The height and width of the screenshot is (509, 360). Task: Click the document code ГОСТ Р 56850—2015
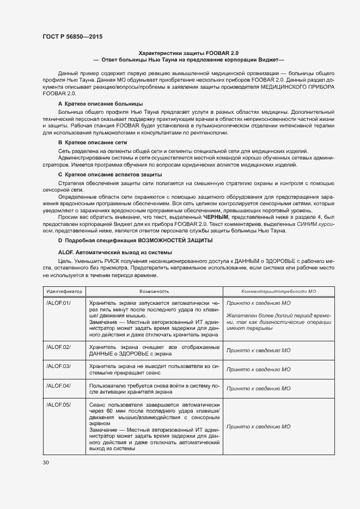[72, 36]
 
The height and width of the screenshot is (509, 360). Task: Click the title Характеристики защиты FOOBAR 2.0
[188, 53]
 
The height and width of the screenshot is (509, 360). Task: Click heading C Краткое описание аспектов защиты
[109, 175]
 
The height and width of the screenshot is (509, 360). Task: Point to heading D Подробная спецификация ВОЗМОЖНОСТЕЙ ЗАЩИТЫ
[135, 241]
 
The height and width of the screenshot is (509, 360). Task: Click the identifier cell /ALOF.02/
[58, 347]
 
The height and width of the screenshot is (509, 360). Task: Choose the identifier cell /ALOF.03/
[58, 366]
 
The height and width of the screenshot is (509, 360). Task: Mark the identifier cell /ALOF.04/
[58, 385]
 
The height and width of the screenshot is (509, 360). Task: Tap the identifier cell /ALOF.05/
[58, 405]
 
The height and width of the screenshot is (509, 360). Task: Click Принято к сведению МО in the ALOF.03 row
[258, 369]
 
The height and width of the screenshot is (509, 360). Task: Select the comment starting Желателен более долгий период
[278, 322]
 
